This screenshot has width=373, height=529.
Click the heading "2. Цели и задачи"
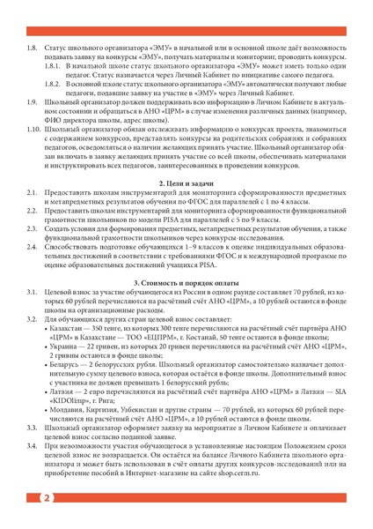(187, 181)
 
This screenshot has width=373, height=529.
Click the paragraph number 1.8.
(33, 45)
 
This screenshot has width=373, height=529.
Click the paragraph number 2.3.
(33, 227)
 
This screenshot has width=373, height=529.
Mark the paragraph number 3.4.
(33, 449)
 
